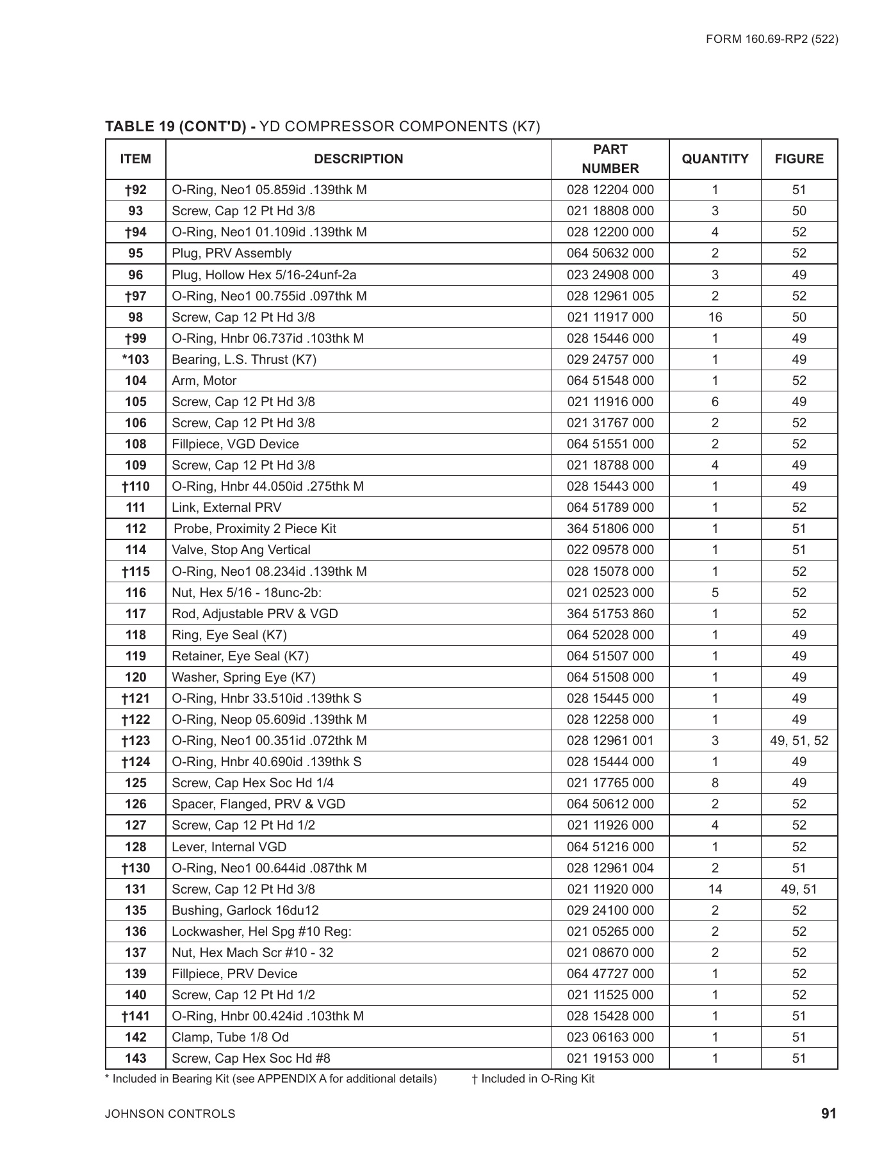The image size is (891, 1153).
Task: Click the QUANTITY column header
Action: pyautogui.click(x=715, y=159)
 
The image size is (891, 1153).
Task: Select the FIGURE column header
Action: pyautogui.click(x=799, y=159)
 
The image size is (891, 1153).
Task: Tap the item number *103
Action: pyautogui.click(x=136, y=359)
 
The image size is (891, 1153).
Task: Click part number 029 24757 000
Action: pyautogui.click(x=610, y=359)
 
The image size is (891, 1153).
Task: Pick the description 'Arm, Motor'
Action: pyautogui.click(x=204, y=380)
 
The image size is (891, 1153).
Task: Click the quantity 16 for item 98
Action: pyautogui.click(x=715, y=317)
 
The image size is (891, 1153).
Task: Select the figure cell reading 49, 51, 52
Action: pyautogui.click(x=799, y=740)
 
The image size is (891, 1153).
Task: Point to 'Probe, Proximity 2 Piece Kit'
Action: pyautogui.click(x=255, y=528)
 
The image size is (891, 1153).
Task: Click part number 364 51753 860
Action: pyautogui.click(x=610, y=614)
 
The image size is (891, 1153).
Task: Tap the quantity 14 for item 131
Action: pyautogui.click(x=715, y=889)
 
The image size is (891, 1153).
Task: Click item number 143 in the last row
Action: pyautogui.click(x=136, y=1058)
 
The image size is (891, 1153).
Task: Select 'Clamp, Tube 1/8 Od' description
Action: pyautogui.click(x=231, y=1037)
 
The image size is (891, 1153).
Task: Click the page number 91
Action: pyautogui.click(x=829, y=1113)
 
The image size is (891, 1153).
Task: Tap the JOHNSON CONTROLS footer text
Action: pyautogui.click(x=170, y=1114)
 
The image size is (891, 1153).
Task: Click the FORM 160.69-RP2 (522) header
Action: pyautogui.click(x=772, y=39)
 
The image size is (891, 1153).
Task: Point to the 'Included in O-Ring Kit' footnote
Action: pyautogui.click(x=533, y=1079)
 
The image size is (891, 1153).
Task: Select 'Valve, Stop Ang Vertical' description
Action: pyautogui.click(x=241, y=550)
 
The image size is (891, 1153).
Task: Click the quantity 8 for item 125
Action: pyautogui.click(x=715, y=783)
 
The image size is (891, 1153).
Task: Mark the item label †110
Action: pyautogui.click(x=136, y=486)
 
